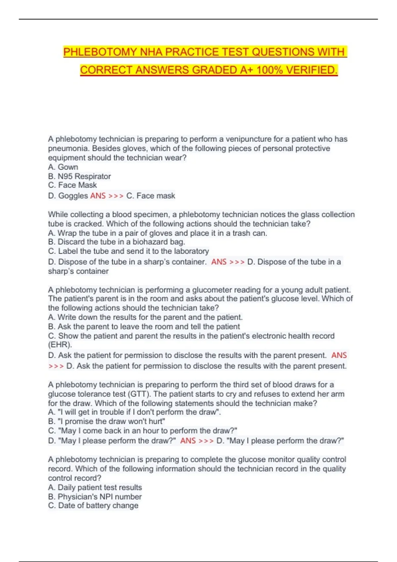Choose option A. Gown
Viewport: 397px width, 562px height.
coord(63,167)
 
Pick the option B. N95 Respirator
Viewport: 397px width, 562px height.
coord(79,176)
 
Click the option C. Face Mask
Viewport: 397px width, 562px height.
coord(72,185)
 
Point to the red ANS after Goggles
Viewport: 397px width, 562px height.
coord(98,196)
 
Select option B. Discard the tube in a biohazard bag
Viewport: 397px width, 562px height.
coord(116,242)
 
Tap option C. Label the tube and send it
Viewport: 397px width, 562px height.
coord(128,251)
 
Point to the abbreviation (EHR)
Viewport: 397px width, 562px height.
coord(60,345)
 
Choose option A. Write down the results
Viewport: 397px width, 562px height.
coord(145,317)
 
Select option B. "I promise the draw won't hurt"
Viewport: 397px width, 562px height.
coord(107,421)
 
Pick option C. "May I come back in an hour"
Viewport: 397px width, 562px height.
coord(143,431)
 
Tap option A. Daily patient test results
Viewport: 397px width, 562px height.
coord(95,487)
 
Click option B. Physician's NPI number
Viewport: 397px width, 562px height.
coord(95,497)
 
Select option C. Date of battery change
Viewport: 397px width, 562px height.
coord(93,505)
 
